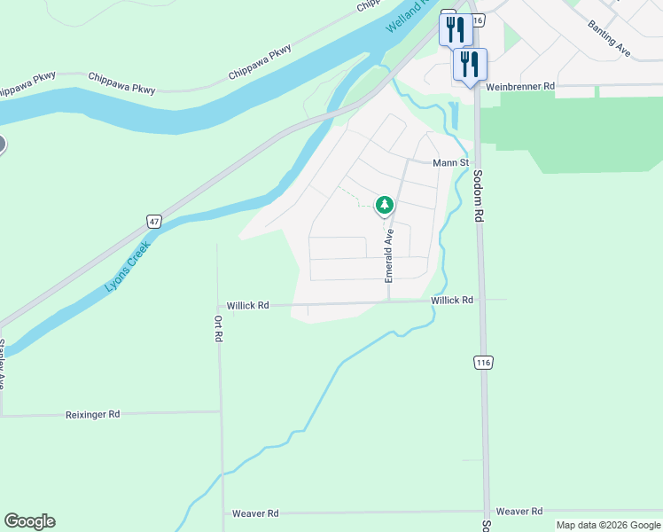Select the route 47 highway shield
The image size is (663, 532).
[154, 222]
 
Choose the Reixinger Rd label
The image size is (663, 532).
[92, 414]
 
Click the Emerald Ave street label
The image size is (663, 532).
[388, 255]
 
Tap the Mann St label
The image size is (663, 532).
[449, 163]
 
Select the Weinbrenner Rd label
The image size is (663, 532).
[520, 86]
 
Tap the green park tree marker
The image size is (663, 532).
[385, 206]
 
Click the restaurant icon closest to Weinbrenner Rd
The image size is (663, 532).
[470, 65]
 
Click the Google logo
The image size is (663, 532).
[29, 521]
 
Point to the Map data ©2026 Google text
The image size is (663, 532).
[607, 525]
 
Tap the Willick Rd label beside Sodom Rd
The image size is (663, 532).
[452, 301]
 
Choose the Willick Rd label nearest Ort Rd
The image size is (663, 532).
[247, 305]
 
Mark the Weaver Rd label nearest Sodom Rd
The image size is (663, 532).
[519, 512]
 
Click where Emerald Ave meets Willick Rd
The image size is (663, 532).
[388, 301]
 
